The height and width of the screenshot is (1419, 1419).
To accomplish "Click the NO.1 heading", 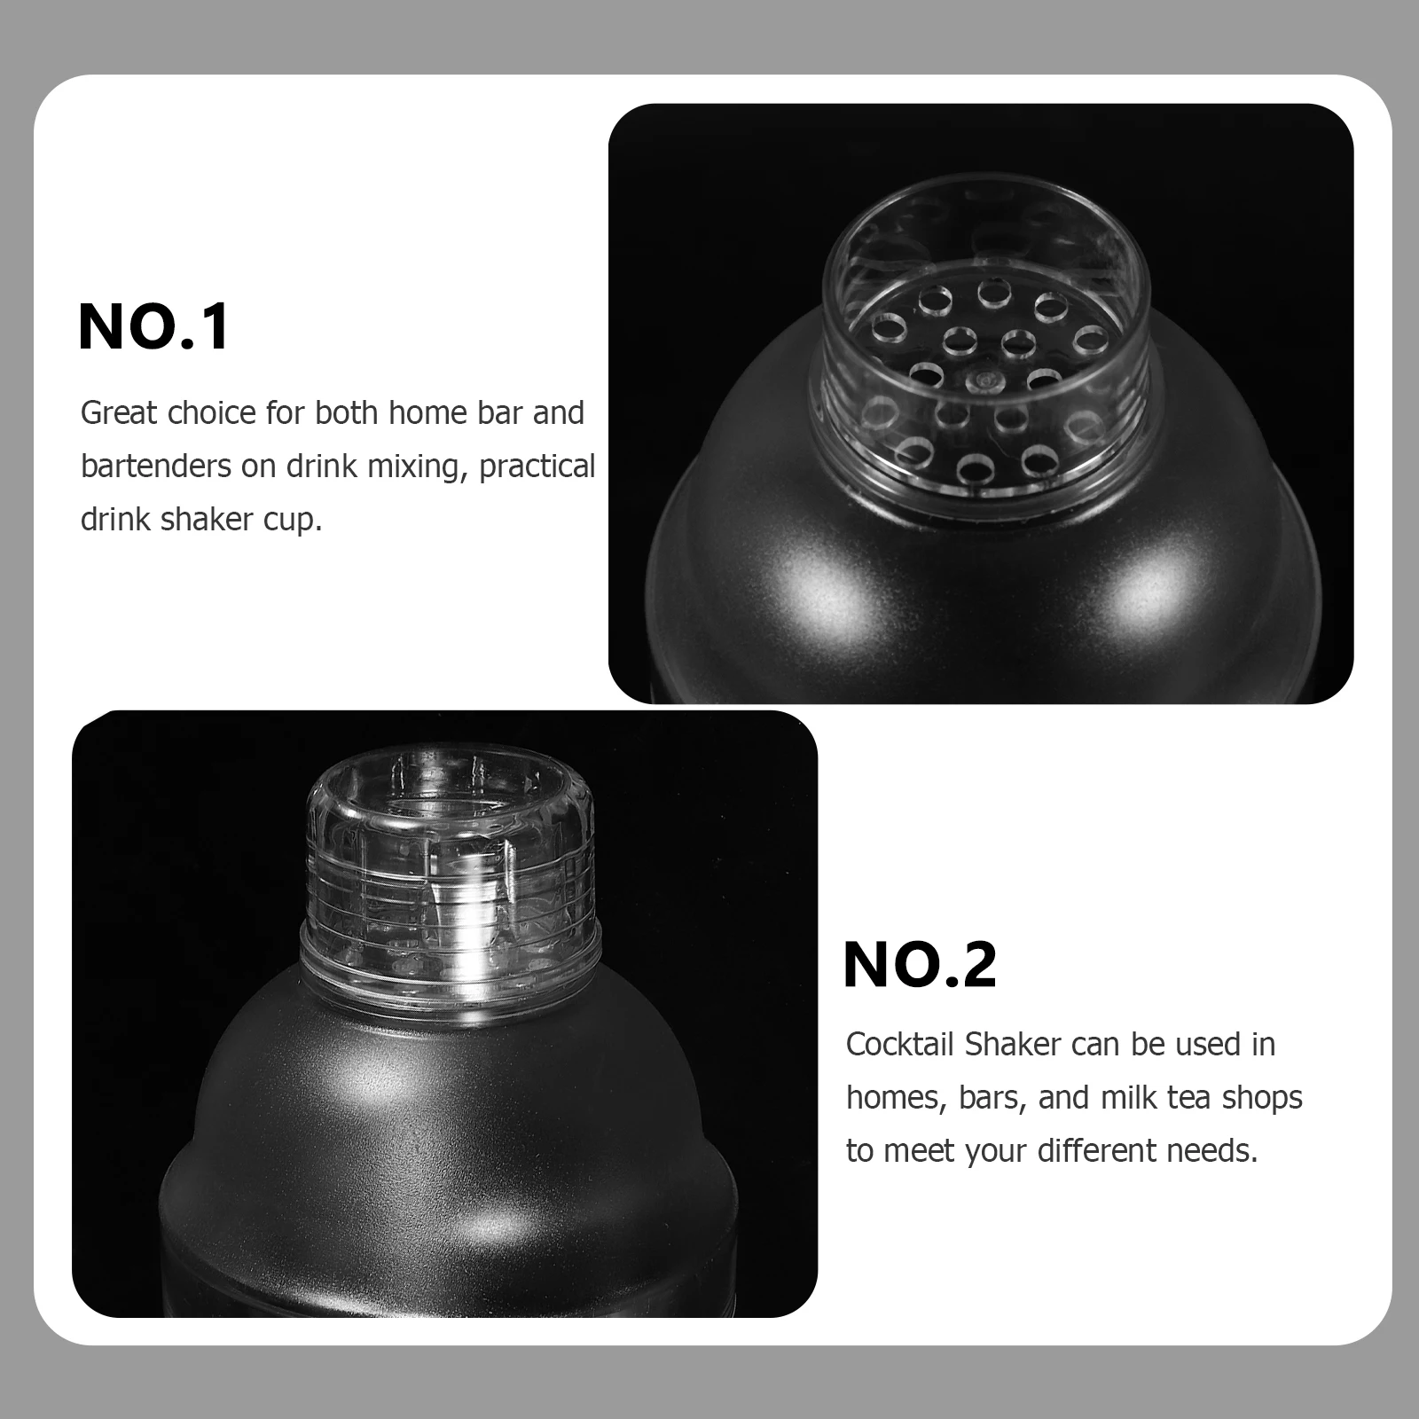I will [x=154, y=327].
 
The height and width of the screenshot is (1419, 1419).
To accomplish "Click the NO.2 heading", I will [x=920, y=965].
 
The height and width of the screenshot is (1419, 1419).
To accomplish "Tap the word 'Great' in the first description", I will [x=119, y=414].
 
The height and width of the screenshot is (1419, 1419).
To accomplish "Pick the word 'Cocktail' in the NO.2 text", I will [x=900, y=1045].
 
